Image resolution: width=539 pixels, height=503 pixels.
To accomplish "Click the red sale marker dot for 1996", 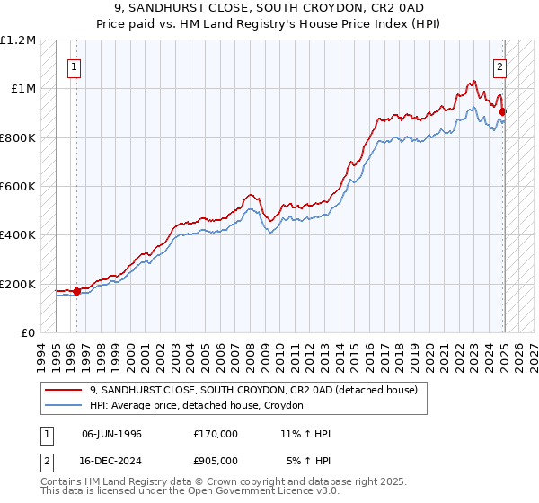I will coord(77,291).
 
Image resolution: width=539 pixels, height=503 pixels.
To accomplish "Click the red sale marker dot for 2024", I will coord(503,112).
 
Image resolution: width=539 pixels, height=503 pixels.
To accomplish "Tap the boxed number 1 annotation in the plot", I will coord(73,66).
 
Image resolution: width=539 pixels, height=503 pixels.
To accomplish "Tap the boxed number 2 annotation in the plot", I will coord(499,66).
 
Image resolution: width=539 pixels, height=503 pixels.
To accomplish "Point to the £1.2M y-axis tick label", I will coord(18,40).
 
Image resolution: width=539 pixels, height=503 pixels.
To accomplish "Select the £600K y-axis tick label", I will coord(18,187).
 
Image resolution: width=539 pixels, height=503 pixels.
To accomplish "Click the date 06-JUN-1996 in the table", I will coord(111,434).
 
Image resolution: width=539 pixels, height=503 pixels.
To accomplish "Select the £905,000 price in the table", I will coord(215,460).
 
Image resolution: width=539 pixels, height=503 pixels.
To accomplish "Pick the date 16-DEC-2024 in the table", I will coord(111,460).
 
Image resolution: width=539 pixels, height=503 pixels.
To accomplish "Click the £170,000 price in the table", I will coord(215,434).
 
